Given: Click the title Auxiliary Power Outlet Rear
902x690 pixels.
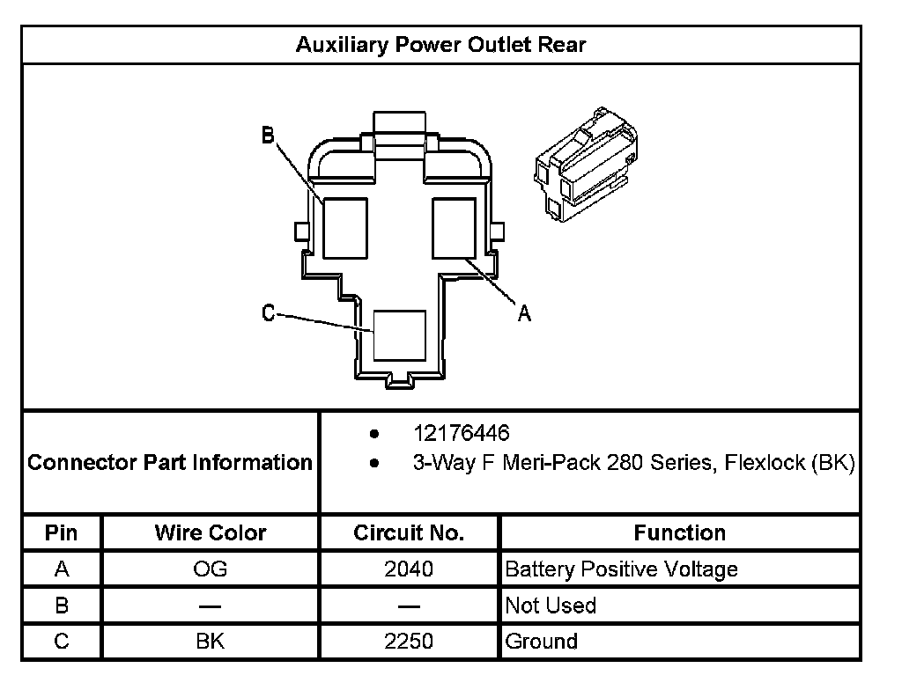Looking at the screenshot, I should click(x=440, y=45).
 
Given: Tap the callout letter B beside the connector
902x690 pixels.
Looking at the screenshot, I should click(x=269, y=135).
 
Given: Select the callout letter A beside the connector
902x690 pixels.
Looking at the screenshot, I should click(x=524, y=312).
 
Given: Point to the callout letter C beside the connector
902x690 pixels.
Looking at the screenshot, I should click(x=270, y=313).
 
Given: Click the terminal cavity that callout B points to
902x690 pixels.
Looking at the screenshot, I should click(x=344, y=228).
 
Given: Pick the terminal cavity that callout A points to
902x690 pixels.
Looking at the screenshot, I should click(x=454, y=228).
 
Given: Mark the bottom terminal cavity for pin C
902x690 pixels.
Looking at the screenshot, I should click(x=399, y=334).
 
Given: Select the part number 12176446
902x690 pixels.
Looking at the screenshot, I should click(x=462, y=433).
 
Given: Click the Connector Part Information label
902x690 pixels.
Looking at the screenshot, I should click(x=170, y=462).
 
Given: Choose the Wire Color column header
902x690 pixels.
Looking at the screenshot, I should click(x=210, y=532).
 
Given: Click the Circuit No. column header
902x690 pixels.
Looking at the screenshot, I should click(x=409, y=532).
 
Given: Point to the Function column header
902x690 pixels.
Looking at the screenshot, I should click(x=679, y=532).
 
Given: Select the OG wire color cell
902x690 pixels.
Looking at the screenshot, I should click(x=210, y=569).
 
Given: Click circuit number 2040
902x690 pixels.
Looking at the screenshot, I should click(x=409, y=569).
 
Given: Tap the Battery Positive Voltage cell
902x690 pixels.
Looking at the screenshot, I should click(x=621, y=569).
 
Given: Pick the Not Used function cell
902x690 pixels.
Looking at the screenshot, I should click(x=551, y=606).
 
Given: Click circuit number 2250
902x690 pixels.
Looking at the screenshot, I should click(x=409, y=641).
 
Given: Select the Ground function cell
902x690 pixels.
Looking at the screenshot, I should click(x=541, y=641).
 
